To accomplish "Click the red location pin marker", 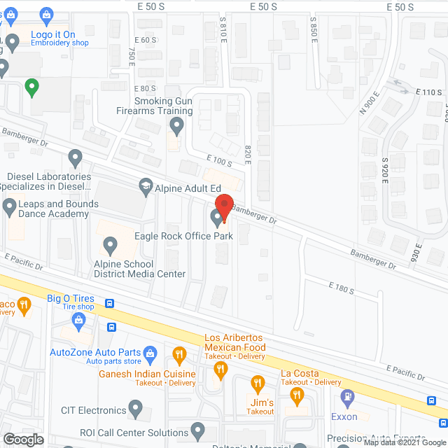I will pyautogui.click(x=223, y=208).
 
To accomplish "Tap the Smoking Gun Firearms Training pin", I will pyautogui.click(x=176, y=126).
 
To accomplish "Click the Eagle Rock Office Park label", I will pyautogui.click(x=183, y=237).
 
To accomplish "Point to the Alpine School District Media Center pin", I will pyautogui.click(x=110, y=245).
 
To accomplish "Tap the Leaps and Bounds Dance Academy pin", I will pyautogui.click(x=9, y=206).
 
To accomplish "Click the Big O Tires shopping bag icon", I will pyautogui.click(x=78, y=321).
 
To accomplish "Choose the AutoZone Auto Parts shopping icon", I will pyautogui.click(x=150, y=355).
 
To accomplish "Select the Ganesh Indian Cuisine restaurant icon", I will pyautogui.click(x=178, y=355).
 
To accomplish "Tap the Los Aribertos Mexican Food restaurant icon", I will pyautogui.click(x=221, y=370).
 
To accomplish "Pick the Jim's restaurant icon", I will pyautogui.click(x=256, y=384).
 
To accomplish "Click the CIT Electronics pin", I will pyautogui.click(x=136, y=408).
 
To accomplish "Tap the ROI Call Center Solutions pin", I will pyautogui.click(x=197, y=429).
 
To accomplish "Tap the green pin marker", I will pyautogui.click(x=31, y=88).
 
